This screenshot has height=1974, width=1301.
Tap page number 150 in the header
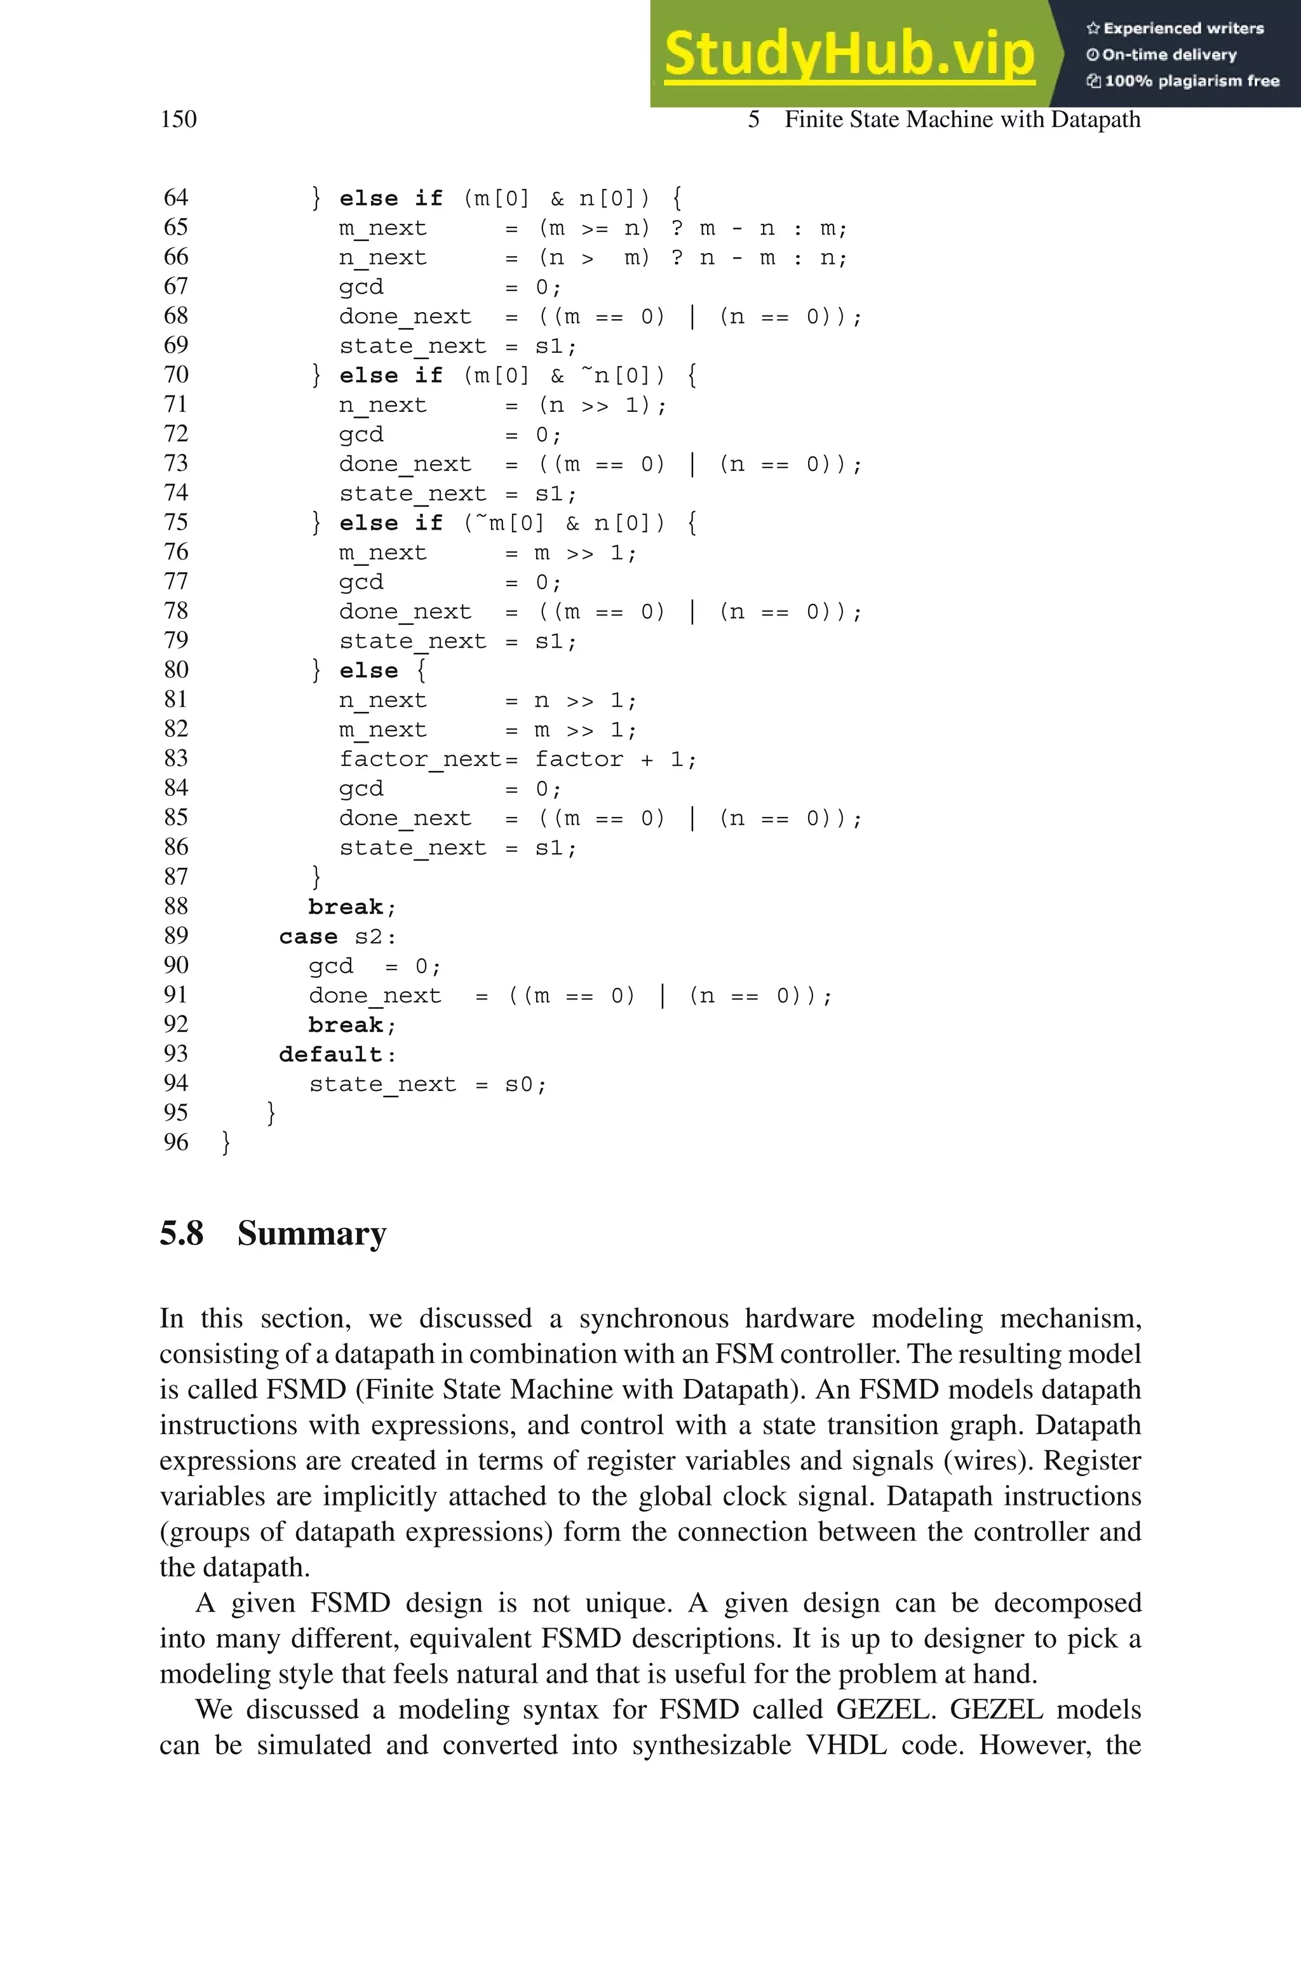tap(179, 119)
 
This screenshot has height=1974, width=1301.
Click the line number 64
tap(176, 198)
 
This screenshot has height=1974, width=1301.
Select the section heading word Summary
tap(311, 1233)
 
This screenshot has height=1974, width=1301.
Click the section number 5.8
tap(182, 1233)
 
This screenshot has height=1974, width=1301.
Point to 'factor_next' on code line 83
tap(420, 758)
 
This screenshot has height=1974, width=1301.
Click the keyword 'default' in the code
tap(330, 1054)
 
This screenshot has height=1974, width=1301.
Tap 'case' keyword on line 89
tap(308, 936)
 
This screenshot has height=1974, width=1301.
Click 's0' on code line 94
tap(520, 1084)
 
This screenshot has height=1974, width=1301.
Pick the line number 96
tap(176, 1142)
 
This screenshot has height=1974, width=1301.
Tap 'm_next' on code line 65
tap(382, 228)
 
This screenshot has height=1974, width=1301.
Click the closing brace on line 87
tap(315, 877)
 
